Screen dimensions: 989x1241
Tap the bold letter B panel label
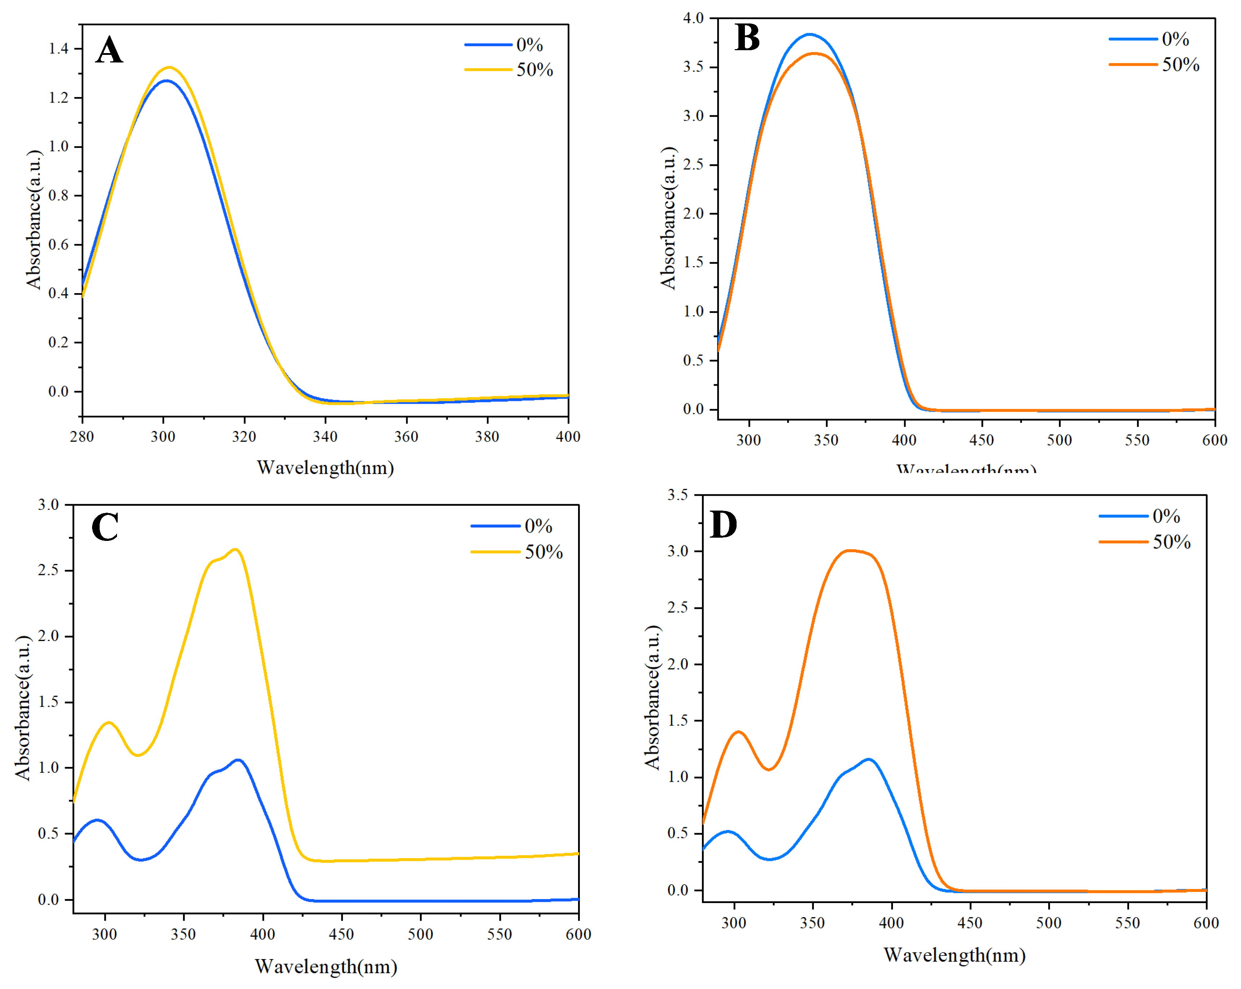coord(747,38)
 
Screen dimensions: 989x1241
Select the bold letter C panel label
coord(105,527)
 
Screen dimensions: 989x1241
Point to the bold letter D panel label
coord(723,524)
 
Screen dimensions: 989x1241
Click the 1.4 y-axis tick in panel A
coord(58,48)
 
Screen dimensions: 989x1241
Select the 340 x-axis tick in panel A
coord(325,436)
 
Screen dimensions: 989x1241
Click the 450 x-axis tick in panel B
coord(981,441)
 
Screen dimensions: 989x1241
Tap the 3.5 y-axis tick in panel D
coord(677,495)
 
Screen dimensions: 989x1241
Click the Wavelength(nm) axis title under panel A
coord(325,468)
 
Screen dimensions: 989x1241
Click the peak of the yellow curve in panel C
coord(235,549)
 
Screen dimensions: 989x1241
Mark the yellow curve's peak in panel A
coord(170,68)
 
